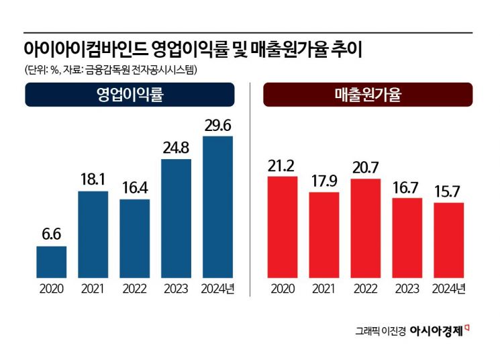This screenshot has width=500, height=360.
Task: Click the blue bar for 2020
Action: click(x=51, y=262)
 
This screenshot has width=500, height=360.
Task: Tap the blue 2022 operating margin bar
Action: click(x=134, y=238)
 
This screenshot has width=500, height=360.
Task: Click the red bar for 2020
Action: click(x=282, y=227)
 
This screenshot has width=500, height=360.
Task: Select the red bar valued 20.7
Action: click(x=365, y=228)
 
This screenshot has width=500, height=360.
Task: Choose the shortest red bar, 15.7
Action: click(x=448, y=240)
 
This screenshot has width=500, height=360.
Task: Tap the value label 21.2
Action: click(x=282, y=165)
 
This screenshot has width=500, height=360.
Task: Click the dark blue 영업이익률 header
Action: click(x=130, y=95)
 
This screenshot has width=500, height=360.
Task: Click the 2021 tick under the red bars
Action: click(x=323, y=289)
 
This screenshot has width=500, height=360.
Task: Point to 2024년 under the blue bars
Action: click(x=217, y=289)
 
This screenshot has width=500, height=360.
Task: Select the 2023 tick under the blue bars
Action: click(x=176, y=289)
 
